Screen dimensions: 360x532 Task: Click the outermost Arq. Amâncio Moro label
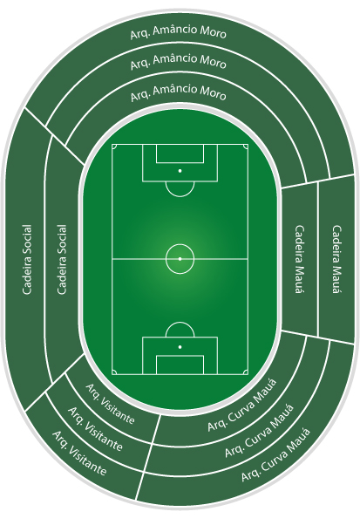point(179,33)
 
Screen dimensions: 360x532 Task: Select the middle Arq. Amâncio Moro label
point(179,62)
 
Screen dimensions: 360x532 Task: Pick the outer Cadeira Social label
point(27,259)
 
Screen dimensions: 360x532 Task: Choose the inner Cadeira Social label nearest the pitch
point(61,259)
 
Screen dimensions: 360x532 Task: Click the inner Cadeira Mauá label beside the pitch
point(299,259)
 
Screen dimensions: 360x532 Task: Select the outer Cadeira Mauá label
point(336,259)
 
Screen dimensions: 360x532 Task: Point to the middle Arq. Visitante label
point(95,429)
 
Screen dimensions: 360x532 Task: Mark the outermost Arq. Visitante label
point(79,454)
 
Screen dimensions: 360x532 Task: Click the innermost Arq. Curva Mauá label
point(242,406)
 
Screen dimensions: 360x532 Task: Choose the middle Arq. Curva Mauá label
point(260,431)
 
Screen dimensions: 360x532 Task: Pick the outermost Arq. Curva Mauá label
point(275,455)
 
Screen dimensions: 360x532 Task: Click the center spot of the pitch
point(180,259)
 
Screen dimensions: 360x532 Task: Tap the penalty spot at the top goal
point(180,171)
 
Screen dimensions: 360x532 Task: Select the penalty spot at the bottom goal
point(180,347)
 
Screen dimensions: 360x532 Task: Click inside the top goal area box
point(180,153)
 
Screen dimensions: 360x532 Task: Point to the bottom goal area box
point(180,365)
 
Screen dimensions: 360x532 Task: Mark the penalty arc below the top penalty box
point(180,196)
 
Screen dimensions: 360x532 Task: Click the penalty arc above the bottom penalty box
point(180,323)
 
